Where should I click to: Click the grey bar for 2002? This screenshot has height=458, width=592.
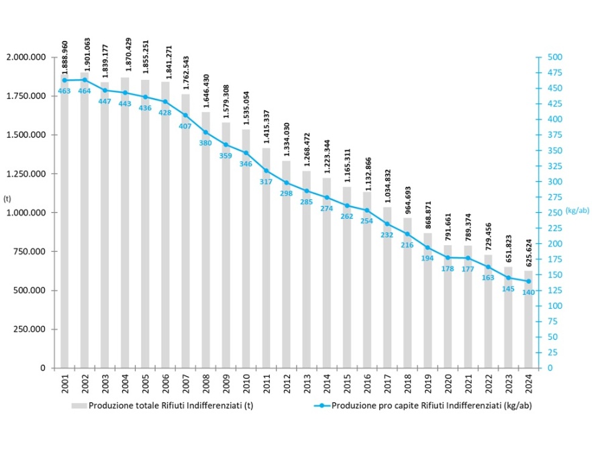85,222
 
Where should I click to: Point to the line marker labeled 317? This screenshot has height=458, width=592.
266,171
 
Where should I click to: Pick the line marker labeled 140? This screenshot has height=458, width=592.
528,281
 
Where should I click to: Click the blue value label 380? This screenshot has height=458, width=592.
205,142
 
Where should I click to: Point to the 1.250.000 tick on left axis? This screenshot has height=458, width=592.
26,174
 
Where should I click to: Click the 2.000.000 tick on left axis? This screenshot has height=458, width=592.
26,57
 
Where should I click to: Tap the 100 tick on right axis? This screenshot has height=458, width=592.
552,306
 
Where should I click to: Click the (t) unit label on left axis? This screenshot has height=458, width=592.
7,199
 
